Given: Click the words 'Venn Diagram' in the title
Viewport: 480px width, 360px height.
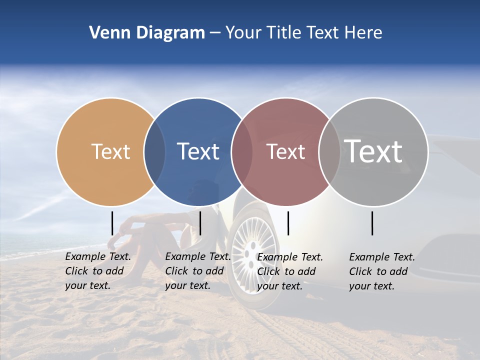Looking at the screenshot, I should (x=147, y=33).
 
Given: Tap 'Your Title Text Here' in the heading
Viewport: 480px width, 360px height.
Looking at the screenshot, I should (x=304, y=33).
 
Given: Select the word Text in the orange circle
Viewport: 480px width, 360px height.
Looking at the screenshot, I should (x=110, y=151).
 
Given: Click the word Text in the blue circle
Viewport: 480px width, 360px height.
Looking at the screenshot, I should (x=198, y=151).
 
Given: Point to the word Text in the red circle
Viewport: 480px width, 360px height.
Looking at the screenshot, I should (x=285, y=151).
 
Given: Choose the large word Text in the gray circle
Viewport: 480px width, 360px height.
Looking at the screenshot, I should (x=373, y=151).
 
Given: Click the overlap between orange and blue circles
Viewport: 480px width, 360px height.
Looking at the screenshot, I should (x=154, y=151).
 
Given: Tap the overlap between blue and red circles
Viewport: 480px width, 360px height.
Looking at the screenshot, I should (x=242, y=151).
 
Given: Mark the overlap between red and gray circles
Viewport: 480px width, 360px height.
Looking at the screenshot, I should (x=329, y=151).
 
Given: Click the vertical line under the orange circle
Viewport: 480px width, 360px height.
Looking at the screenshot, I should (x=112, y=223).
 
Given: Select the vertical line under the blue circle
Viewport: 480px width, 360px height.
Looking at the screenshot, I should (x=200, y=223).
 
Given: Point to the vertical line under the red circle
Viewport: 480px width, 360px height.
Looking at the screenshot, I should (x=288, y=223).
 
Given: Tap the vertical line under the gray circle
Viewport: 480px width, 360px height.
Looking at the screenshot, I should (x=372, y=223).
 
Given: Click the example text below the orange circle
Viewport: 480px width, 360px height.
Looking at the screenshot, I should (x=97, y=271).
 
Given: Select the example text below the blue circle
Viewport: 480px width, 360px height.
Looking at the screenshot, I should (x=197, y=271).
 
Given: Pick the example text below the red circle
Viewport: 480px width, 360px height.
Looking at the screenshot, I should (x=289, y=271).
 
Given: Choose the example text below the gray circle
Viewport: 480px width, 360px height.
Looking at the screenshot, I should (x=381, y=271).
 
